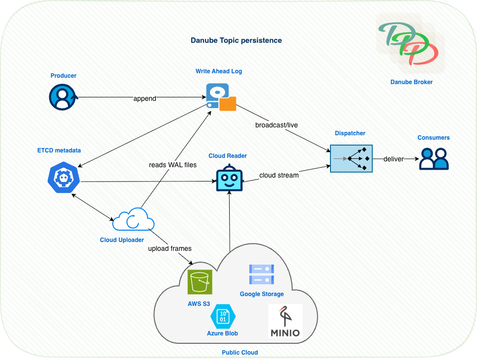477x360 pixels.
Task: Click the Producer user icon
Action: coord(62,97)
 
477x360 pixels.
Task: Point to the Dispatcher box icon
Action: coord(351,158)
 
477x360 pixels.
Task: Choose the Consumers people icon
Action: coord(434,159)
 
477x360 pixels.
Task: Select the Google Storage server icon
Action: coord(262,274)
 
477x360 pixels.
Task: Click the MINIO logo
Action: coord(285,321)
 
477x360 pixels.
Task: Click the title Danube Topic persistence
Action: coord(236,40)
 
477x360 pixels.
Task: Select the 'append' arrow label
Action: coord(145,98)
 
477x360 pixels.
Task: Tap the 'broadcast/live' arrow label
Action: coord(276,125)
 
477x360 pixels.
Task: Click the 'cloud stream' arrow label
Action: coord(279,175)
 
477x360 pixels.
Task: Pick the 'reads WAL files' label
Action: coord(173,165)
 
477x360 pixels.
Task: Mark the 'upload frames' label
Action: coord(170,248)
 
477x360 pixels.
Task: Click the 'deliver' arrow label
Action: coord(394,159)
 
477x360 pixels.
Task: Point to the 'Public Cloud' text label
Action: coord(239,352)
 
